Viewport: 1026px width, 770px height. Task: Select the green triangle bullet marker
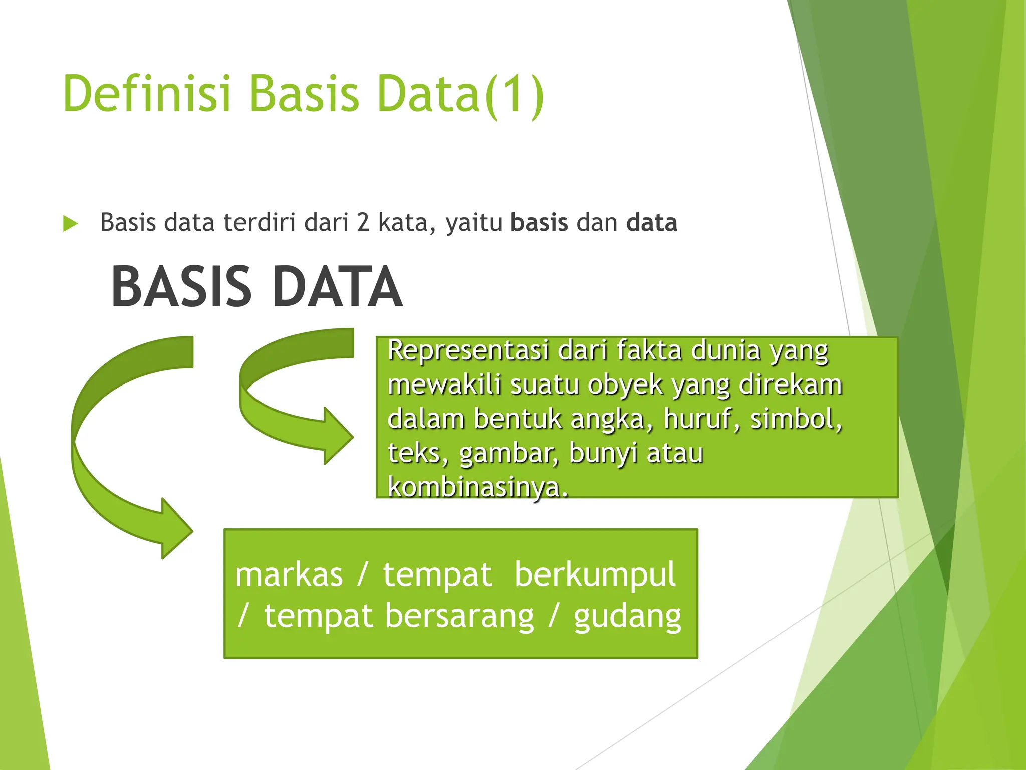pyautogui.click(x=71, y=223)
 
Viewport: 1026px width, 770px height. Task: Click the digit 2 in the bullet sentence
pyautogui.click(x=363, y=223)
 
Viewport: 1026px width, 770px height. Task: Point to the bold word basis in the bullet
pyautogui.click(x=539, y=223)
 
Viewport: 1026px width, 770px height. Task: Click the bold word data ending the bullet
pyautogui.click(x=651, y=223)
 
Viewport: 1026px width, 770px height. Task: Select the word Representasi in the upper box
pyautogui.click(x=468, y=350)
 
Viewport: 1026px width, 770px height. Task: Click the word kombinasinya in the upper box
pyautogui.click(x=477, y=487)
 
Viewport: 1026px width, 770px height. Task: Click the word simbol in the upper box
pyautogui.click(x=795, y=419)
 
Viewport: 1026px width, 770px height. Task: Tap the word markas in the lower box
pyautogui.click(x=289, y=574)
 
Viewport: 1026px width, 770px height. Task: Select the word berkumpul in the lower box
pyautogui.click(x=595, y=574)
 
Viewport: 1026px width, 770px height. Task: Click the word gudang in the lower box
pyautogui.click(x=627, y=617)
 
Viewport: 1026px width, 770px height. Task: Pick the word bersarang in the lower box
pyautogui.click(x=459, y=617)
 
